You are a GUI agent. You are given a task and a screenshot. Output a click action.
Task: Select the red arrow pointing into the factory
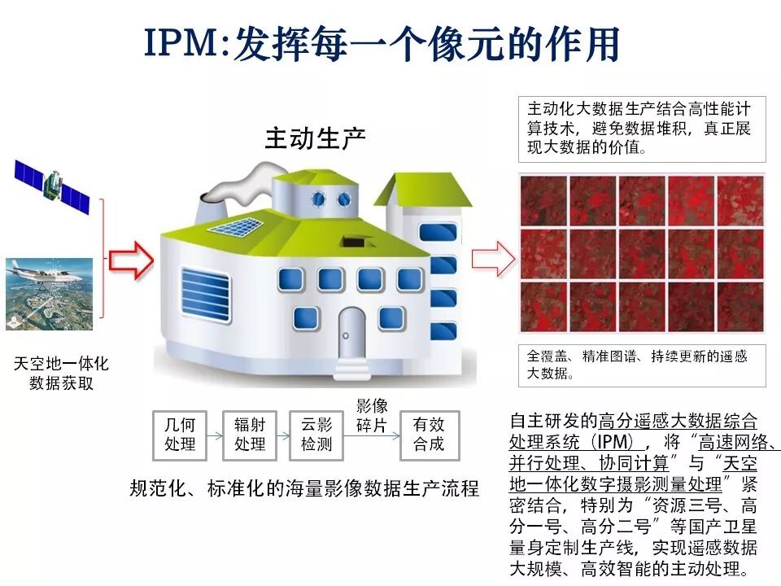tap(132, 260)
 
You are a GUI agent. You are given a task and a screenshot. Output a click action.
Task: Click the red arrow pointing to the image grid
tap(494, 260)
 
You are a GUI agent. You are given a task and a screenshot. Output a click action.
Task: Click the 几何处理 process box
tap(180, 435)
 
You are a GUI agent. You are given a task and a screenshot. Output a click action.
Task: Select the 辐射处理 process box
tap(249, 435)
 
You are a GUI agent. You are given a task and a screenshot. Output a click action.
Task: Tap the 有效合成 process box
tap(429, 435)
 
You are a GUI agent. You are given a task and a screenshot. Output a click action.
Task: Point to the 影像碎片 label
tap(373, 415)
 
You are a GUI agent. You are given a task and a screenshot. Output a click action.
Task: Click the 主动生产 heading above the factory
tap(315, 138)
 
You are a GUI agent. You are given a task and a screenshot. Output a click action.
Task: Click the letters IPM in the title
tap(182, 45)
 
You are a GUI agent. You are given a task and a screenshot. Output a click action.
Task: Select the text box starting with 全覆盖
tap(643, 365)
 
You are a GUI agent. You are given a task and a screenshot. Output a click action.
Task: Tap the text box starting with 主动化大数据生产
tap(643, 129)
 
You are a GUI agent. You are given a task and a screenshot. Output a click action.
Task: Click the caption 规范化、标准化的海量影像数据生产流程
tap(304, 488)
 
